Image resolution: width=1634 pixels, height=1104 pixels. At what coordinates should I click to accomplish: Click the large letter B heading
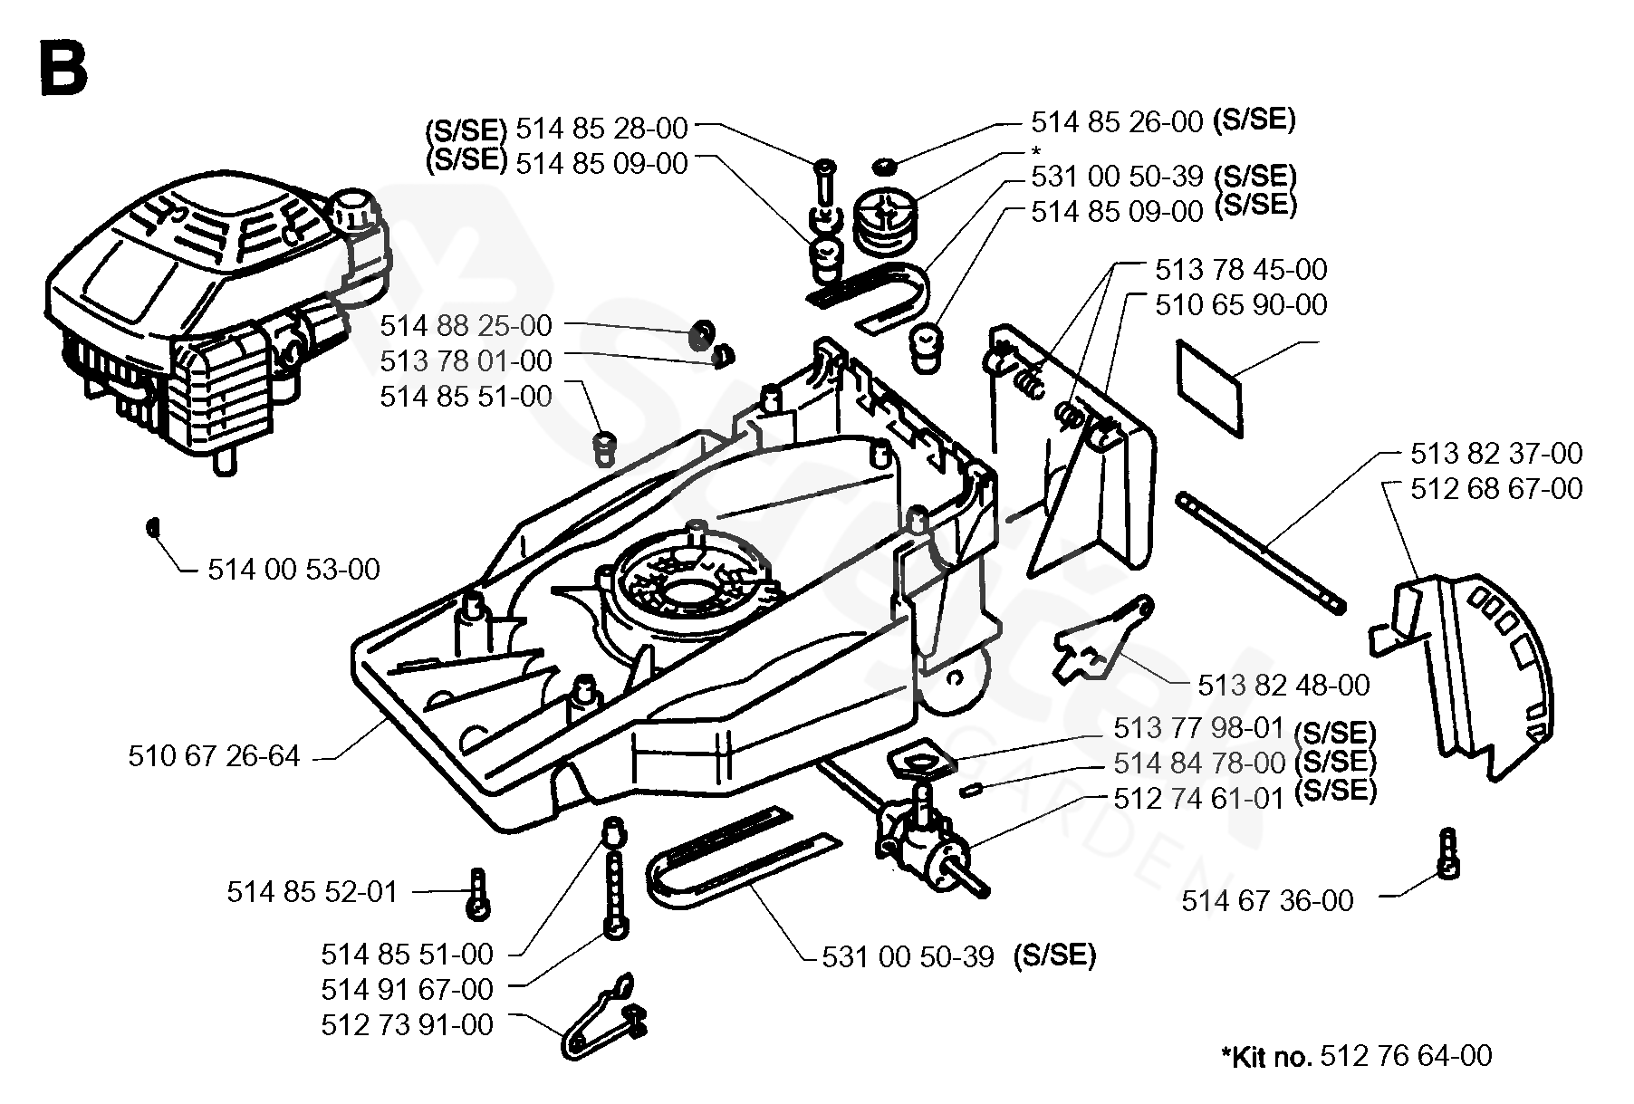[x=62, y=69]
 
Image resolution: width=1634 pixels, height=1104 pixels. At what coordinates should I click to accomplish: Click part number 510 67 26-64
[x=214, y=755]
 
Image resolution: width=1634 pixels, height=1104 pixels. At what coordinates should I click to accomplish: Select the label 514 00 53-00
[x=293, y=570]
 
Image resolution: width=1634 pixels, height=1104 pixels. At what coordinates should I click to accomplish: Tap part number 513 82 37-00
[x=1496, y=453]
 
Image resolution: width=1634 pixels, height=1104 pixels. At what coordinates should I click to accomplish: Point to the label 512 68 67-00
[x=1496, y=489]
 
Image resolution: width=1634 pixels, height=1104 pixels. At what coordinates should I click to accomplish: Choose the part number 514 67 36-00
[x=1267, y=900]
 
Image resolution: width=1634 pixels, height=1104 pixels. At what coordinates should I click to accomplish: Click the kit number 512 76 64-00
[x=1406, y=1056]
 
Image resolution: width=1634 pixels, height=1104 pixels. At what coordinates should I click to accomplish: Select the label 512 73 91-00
[x=407, y=1025]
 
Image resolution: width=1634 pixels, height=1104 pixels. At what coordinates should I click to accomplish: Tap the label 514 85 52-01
[x=312, y=892]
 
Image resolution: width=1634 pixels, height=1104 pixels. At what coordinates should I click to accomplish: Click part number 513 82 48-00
[x=1283, y=685]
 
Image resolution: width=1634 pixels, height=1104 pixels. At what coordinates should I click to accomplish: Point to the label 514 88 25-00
[x=466, y=325]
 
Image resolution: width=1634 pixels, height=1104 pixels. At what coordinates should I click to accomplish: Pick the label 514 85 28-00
[x=601, y=129]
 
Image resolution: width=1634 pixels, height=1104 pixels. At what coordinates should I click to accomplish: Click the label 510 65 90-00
[x=1241, y=304]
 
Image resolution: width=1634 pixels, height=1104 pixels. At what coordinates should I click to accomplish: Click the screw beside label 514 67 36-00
[x=1447, y=853]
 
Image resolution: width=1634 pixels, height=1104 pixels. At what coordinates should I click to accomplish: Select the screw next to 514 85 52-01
[x=478, y=893]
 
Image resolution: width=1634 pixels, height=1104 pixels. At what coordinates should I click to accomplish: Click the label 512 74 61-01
[x=1199, y=800]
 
